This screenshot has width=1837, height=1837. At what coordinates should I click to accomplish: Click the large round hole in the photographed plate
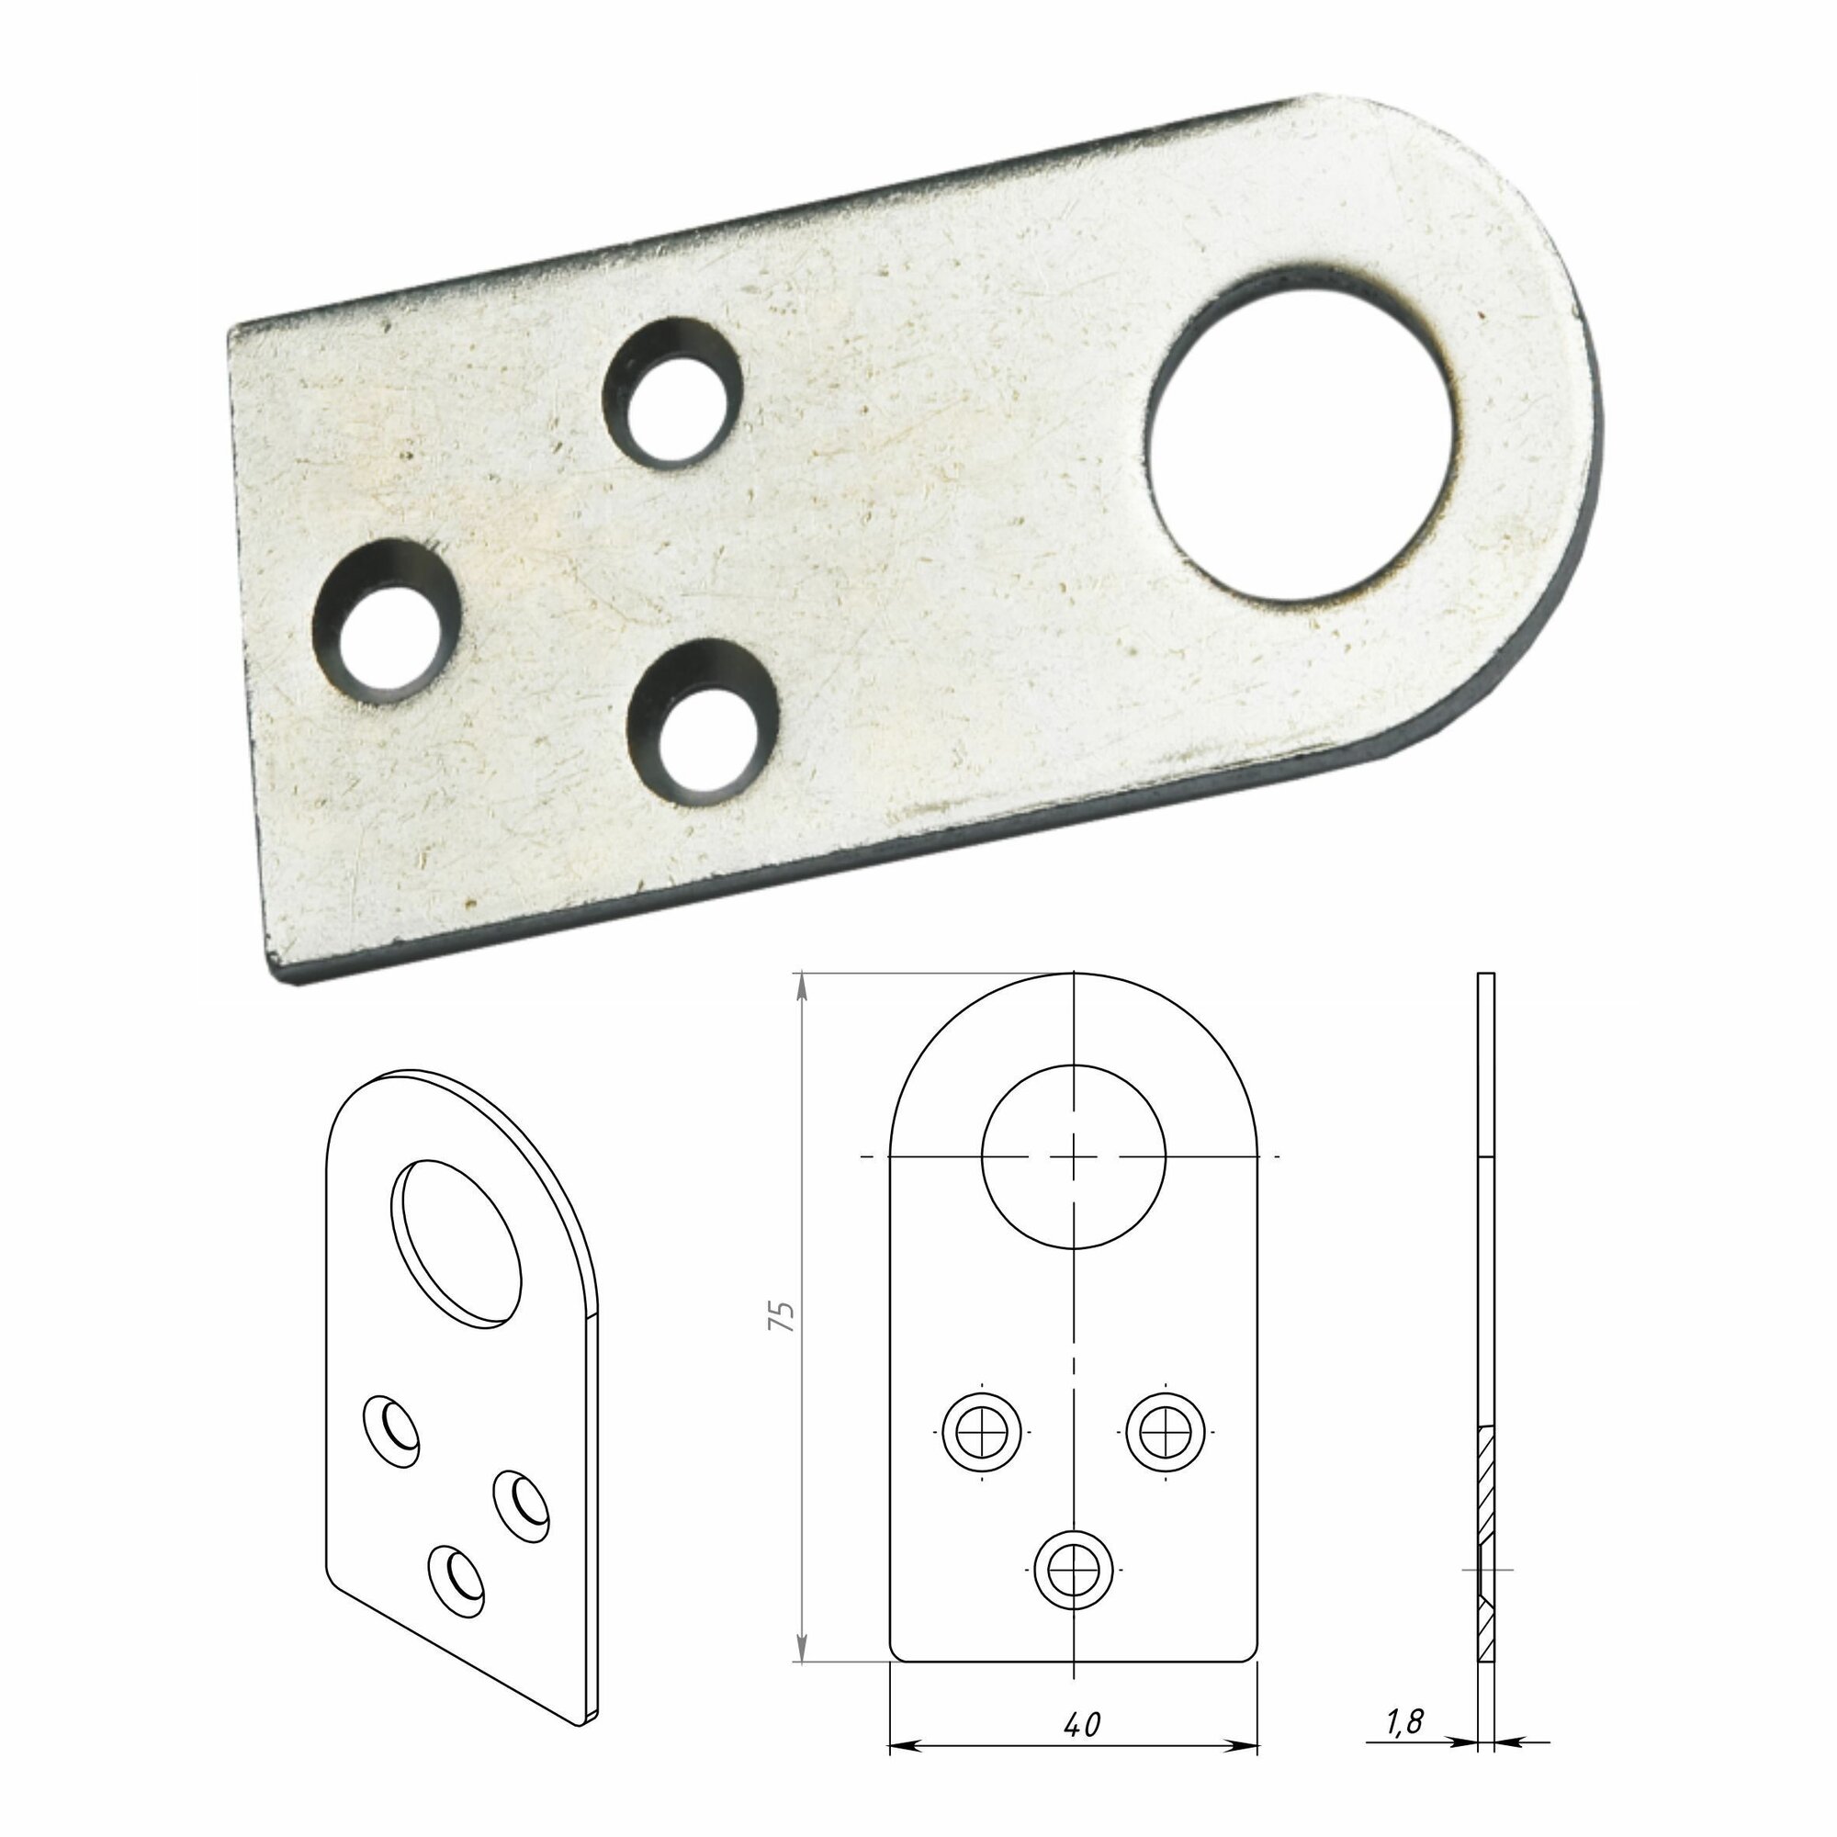click(x=1301, y=436)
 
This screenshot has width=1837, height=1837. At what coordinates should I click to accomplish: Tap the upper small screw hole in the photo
click(x=672, y=394)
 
